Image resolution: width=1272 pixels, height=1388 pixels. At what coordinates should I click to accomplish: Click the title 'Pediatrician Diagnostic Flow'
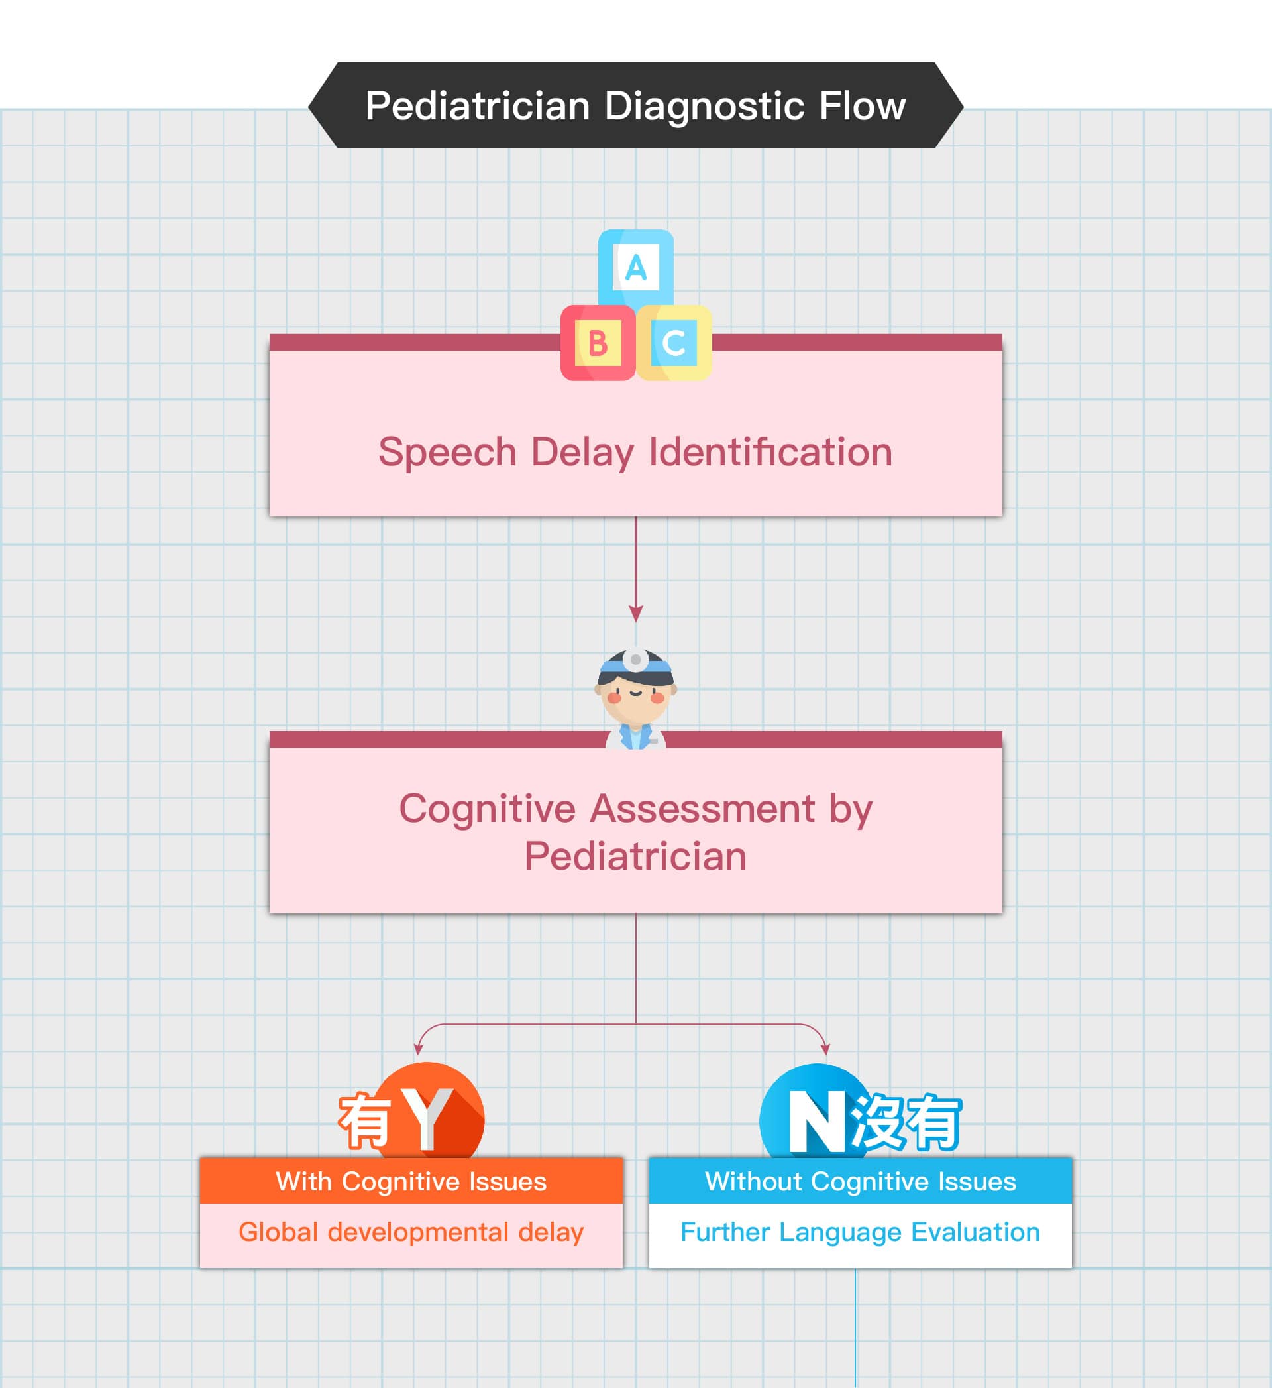(635, 106)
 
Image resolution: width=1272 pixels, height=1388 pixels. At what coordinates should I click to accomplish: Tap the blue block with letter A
(635, 267)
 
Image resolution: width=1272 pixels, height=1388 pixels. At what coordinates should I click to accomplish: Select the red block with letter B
(598, 343)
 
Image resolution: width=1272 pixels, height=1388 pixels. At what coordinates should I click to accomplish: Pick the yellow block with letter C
(674, 343)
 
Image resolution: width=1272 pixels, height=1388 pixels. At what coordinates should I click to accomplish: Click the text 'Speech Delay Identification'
(635, 452)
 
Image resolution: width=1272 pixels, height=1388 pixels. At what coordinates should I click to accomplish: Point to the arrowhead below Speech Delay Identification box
(636, 612)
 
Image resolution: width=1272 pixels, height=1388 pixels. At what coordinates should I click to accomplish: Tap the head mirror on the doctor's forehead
(635, 660)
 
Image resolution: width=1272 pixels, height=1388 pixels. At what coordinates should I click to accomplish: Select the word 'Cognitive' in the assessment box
(488, 808)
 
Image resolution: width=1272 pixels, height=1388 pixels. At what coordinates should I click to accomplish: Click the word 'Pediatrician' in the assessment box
(635, 856)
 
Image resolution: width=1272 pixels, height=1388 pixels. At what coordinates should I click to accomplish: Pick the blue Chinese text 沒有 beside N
(906, 1122)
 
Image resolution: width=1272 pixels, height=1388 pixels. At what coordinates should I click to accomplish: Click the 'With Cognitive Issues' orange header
(411, 1181)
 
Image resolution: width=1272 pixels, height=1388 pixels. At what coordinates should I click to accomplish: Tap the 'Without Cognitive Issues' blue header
(861, 1181)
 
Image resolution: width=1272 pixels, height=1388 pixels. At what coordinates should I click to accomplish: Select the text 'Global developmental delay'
(411, 1232)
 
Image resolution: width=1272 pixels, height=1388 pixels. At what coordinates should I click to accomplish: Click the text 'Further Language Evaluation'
(861, 1232)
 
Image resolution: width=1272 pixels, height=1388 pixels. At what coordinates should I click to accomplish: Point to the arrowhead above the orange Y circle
(418, 1049)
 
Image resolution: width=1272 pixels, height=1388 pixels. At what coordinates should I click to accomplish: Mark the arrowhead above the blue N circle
(825, 1049)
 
